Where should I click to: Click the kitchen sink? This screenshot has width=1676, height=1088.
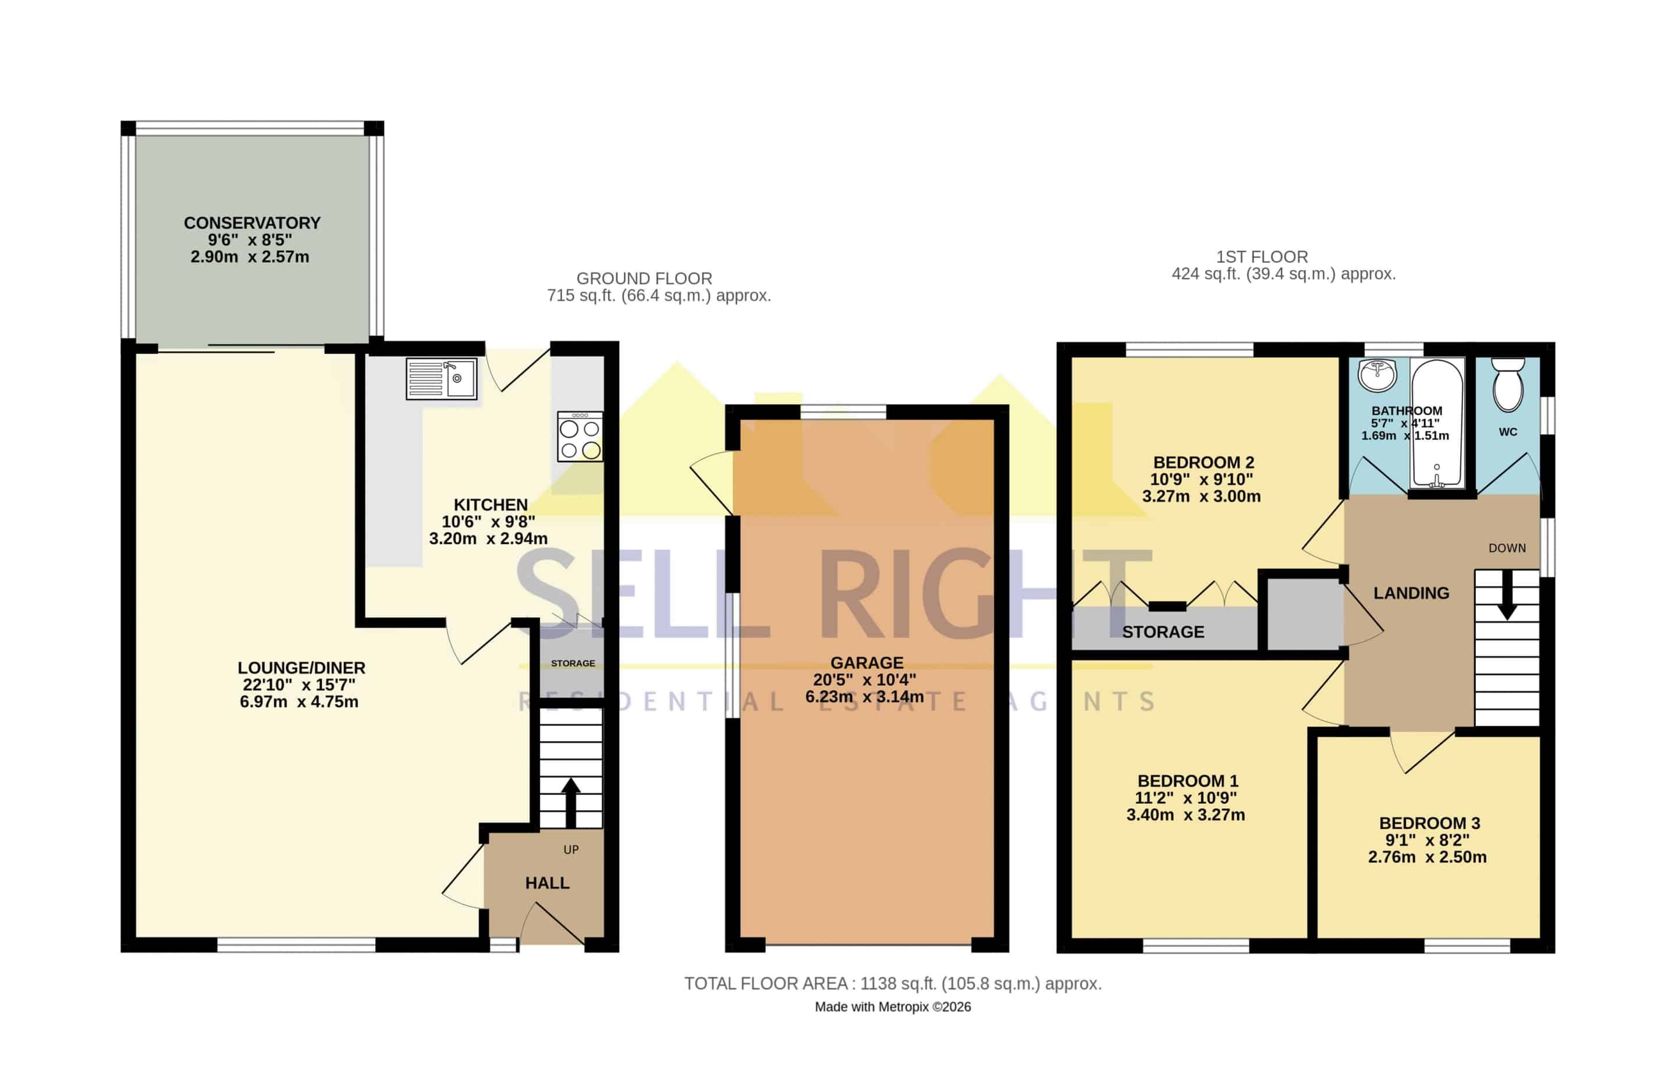pyautogui.click(x=441, y=379)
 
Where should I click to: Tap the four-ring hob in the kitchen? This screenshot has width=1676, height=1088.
pyautogui.click(x=580, y=437)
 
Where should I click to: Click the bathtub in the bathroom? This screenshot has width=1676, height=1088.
pyautogui.click(x=1437, y=423)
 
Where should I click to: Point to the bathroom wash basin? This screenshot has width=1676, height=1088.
pyautogui.click(x=1377, y=375)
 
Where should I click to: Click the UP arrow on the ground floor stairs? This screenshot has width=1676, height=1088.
pyautogui.click(x=570, y=802)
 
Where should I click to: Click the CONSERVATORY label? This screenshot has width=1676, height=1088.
pyautogui.click(x=252, y=223)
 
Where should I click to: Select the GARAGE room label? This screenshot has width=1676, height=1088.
pyautogui.click(x=867, y=662)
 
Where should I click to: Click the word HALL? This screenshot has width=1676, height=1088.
pyautogui.click(x=547, y=883)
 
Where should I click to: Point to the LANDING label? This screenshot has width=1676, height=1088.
pyautogui.click(x=1411, y=593)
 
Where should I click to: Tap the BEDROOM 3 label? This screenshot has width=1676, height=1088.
pyautogui.click(x=1429, y=823)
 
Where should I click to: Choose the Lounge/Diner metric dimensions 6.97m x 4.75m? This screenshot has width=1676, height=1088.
pyautogui.click(x=299, y=701)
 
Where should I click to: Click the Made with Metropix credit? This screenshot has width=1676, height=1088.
pyautogui.click(x=893, y=1007)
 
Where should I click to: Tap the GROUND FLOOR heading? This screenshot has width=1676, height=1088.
pyautogui.click(x=644, y=278)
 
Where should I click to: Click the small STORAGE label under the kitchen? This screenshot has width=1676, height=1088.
pyautogui.click(x=573, y=664)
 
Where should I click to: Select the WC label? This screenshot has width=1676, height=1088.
pyautogui.click(x=1508, y=432)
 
